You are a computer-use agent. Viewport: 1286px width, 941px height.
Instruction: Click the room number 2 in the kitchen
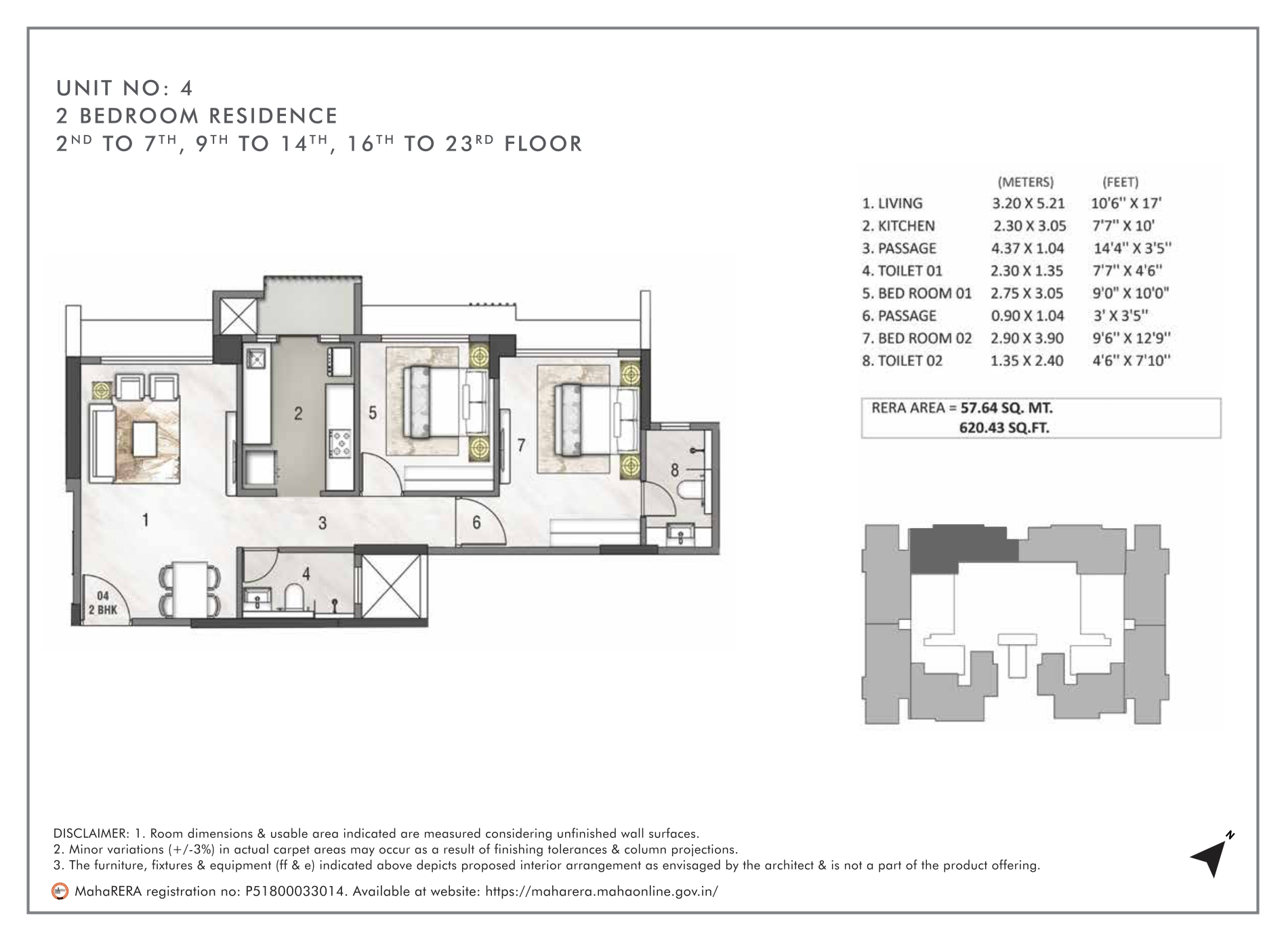click(x=298, y=414)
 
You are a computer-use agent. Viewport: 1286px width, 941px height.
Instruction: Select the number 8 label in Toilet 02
click(x=675, y=469)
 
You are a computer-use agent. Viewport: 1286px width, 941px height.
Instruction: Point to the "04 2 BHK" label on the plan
click(x=103, y=603)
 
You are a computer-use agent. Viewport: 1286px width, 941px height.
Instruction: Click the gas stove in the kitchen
click(x=339, y=441)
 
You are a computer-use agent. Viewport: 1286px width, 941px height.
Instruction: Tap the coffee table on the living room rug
click(x=146, y=439)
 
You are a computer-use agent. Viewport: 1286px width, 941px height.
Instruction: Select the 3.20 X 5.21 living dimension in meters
click(x=1027, y=203)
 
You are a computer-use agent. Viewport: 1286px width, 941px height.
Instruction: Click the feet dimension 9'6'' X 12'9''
click(x=1132, y=338)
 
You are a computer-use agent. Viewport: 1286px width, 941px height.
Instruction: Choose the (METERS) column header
click(x=1026, y=182)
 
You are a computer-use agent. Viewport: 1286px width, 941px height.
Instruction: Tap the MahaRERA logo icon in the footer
click(x=60, y=891)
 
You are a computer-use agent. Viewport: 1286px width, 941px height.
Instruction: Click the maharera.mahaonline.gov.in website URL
click(x=602, y=891)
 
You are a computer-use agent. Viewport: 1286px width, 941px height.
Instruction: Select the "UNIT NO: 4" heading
click(x=125, y=88)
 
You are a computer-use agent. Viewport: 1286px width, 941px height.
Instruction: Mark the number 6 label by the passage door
click(x=476, y=523)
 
